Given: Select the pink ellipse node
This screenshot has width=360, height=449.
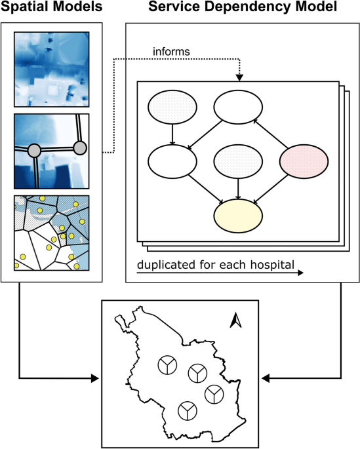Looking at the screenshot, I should pos(304,160).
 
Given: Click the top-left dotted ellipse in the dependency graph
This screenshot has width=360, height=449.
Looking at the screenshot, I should pos(172,106).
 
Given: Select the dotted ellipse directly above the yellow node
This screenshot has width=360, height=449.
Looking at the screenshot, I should pos(238,160).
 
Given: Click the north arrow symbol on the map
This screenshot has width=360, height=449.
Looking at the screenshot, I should pos(237,320).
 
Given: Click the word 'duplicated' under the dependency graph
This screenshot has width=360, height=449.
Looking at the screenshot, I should pos(165,267).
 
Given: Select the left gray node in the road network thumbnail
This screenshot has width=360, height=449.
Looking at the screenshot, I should pos(36,151).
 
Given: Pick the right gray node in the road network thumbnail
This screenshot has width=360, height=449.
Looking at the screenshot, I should pos(81,146).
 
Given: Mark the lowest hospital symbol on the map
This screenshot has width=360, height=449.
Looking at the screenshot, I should pos(188,411).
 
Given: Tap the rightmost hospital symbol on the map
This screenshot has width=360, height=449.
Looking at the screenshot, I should pos(213,395).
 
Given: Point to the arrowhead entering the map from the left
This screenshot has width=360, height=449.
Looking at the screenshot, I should pos(96,378).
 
